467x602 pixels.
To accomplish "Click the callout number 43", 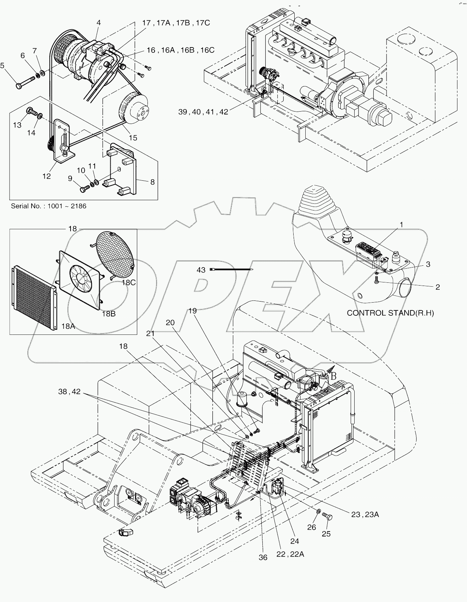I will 201,270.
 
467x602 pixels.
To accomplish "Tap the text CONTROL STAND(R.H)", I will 390,313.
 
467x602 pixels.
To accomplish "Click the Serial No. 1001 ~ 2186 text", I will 49,206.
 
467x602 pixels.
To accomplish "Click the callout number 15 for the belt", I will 133,138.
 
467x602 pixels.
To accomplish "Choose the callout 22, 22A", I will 290,555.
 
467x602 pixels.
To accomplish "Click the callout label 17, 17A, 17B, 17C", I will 176,23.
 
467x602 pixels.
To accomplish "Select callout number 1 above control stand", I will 401,225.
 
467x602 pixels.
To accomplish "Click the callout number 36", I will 263,557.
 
